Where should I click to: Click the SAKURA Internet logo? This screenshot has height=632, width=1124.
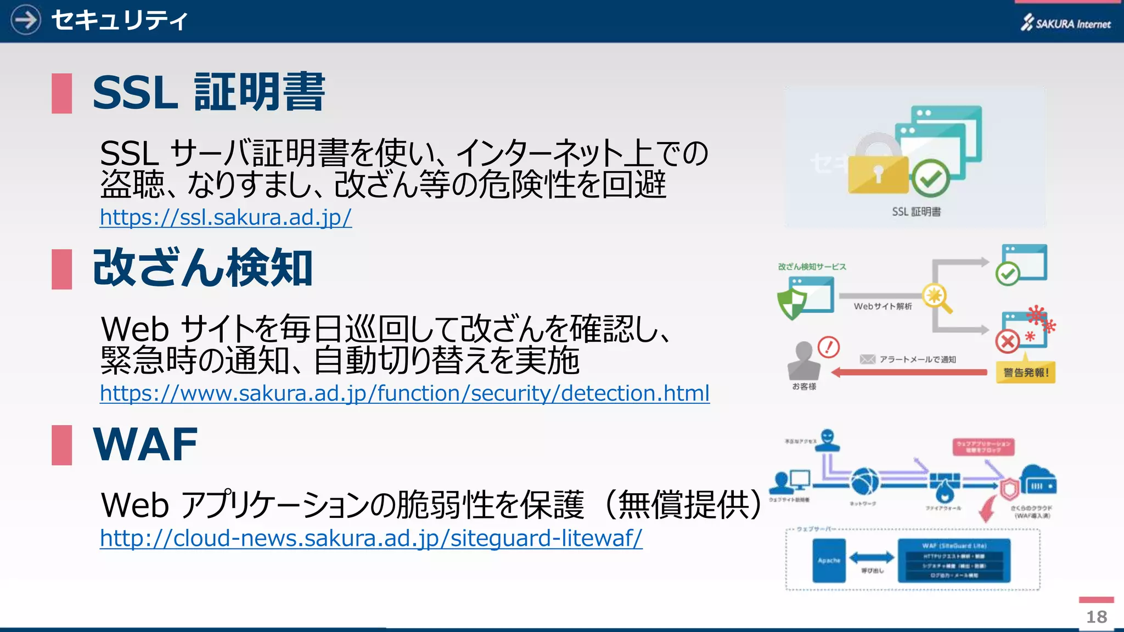click(x=1065, y=23)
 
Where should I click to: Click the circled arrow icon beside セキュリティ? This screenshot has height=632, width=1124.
click(x=25, y=20)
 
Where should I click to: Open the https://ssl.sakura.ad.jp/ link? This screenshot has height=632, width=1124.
click(x=226, y=217)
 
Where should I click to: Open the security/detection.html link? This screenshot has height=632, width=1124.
click(x=404, y=393)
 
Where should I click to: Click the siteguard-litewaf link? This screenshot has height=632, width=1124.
click(x=371, y=538)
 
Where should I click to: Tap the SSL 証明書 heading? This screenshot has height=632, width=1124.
click(x=209, y=92)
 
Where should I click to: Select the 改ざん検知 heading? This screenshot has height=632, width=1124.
click(x=203, y=268)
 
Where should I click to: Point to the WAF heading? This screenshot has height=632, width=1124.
click(x=145, y=444)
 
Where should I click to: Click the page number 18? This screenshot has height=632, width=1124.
click(x=1097, y=617)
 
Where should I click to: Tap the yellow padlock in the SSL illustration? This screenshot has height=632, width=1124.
click(x=878, y=170)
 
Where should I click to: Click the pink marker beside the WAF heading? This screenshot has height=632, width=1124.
click(x=61, y=445)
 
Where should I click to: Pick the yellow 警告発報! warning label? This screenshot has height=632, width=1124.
click(x=1026, y=373)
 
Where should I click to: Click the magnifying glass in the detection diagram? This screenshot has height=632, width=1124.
click(x=936, y=297)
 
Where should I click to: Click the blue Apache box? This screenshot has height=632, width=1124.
click(x=829, y=560)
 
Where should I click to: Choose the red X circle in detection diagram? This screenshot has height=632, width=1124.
click(x=1008, y=342)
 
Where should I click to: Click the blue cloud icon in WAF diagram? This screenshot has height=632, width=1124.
click(x=1038, y=480)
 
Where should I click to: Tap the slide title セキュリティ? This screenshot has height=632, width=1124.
click(x=119, y=21)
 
